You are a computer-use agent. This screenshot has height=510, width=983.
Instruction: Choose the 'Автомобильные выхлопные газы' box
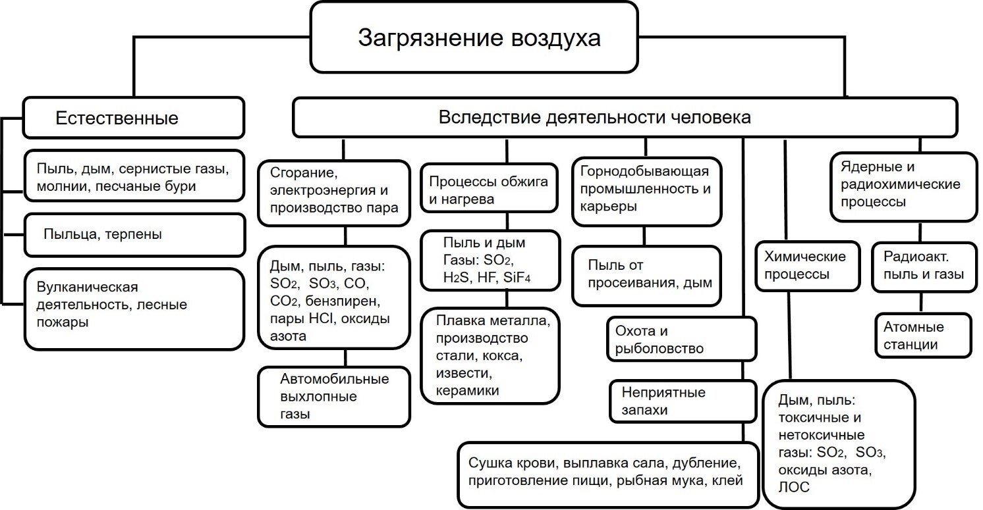pos(334,397)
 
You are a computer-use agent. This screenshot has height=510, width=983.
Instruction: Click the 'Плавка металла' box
pos(491,355)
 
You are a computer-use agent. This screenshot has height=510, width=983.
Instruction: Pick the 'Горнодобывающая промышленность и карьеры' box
pos(646,190)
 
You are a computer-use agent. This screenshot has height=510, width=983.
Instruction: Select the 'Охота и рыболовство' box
pos(682,340)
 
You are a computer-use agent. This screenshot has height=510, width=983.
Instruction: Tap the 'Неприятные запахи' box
pos(682,401)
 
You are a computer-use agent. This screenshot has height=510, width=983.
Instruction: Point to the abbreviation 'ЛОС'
pos(795,488)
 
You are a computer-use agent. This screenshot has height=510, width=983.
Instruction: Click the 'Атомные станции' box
pos(922,336)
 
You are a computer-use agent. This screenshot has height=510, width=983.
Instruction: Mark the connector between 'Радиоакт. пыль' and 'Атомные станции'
pos(921,303)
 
